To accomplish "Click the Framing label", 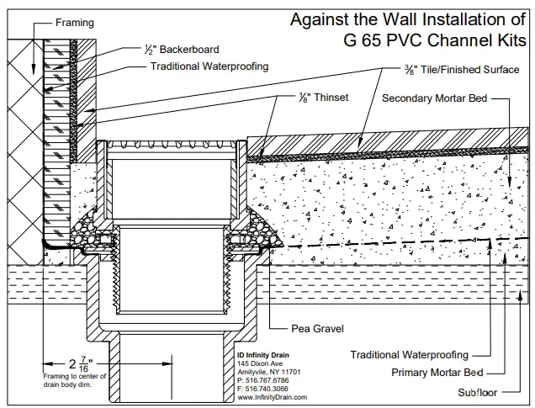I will (x=75, y=23).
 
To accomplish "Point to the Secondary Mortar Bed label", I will (x=434, y=98).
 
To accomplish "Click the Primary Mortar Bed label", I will (x=437, y=371).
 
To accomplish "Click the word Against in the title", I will (x=320, y=19).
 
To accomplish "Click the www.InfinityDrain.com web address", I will (x=272, y=396).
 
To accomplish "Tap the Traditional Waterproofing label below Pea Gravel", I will (x=409, y=355).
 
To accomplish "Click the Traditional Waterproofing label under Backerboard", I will (x=209, y=66).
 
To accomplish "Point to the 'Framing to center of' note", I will (x=74, y=376).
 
